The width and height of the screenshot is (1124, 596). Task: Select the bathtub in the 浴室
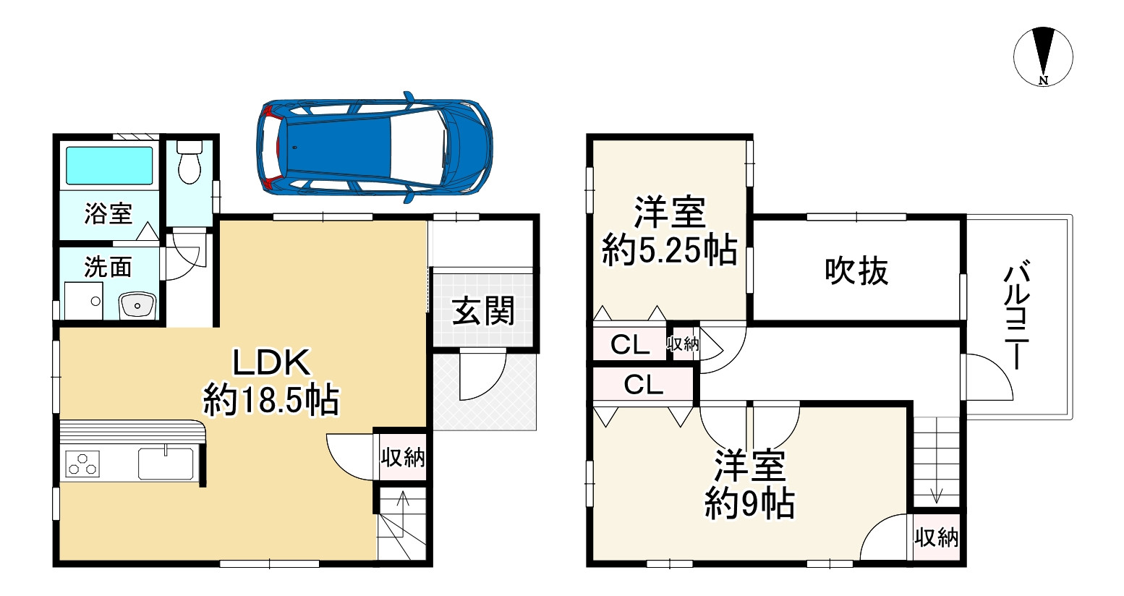click(x=109, y=166)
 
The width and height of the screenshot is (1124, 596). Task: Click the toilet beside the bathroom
click(x=190, y=161)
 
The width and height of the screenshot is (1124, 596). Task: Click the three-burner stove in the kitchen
click(x=82, y=464)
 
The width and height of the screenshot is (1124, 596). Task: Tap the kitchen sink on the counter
click(x=166, y=464)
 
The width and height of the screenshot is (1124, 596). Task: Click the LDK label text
click(x=271, y=362)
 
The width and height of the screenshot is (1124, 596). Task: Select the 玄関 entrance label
click(x=483, y=311)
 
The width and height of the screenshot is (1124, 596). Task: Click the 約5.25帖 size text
click(x=670, y=250)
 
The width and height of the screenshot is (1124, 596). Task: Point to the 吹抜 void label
click(x=856, y=271)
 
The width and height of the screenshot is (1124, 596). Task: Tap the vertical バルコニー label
click(x=1017, y=315)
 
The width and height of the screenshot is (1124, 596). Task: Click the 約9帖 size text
click(x=749, y=503)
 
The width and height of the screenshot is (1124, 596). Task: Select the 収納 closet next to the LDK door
click(x=402, y=458)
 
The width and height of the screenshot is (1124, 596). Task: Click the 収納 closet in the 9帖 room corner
click(x=937, y=538)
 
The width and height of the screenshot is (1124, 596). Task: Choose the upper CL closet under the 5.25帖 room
click(x=630, y=344)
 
